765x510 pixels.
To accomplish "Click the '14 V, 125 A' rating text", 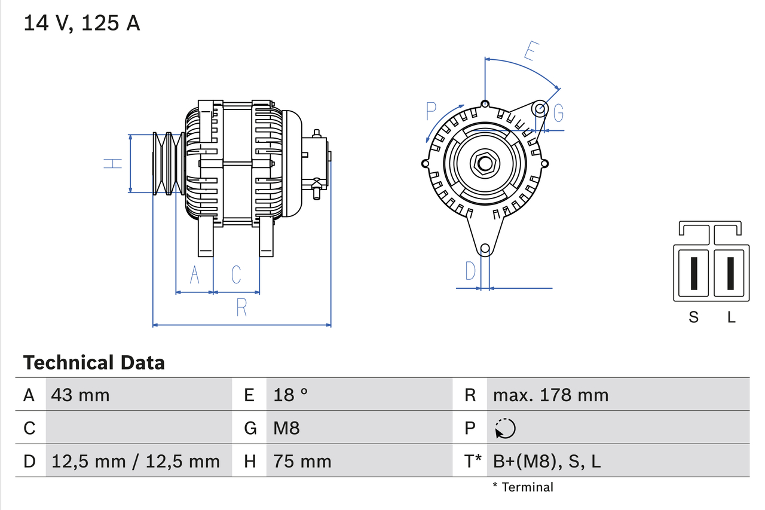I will pos(82,23).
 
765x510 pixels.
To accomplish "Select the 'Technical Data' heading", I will pos(94,362).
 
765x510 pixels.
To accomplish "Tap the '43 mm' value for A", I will pos(81,395).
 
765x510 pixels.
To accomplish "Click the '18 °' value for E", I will pos(290,395).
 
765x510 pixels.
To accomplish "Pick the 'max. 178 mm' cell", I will pos(550,395).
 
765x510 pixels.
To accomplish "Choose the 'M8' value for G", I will pos(286,428).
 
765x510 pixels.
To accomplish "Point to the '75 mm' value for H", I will pos(302,461).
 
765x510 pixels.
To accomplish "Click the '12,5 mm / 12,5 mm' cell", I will pos(136,461).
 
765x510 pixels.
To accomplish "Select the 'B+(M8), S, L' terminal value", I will pos(546,461).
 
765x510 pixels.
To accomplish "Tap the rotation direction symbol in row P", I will pos(505,428).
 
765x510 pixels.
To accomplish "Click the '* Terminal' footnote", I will pos(523,487).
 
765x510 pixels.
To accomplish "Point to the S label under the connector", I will pos(693,317).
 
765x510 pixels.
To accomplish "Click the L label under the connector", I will pos(731,317).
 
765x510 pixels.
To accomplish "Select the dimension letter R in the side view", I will pos(241,307).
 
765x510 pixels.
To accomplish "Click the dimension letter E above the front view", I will pos(530,51).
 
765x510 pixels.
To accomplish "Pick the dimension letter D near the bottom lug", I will pos(471,271).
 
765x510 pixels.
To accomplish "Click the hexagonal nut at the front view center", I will pos(484,164).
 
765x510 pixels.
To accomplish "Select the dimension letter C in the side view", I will pos(236,274).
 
